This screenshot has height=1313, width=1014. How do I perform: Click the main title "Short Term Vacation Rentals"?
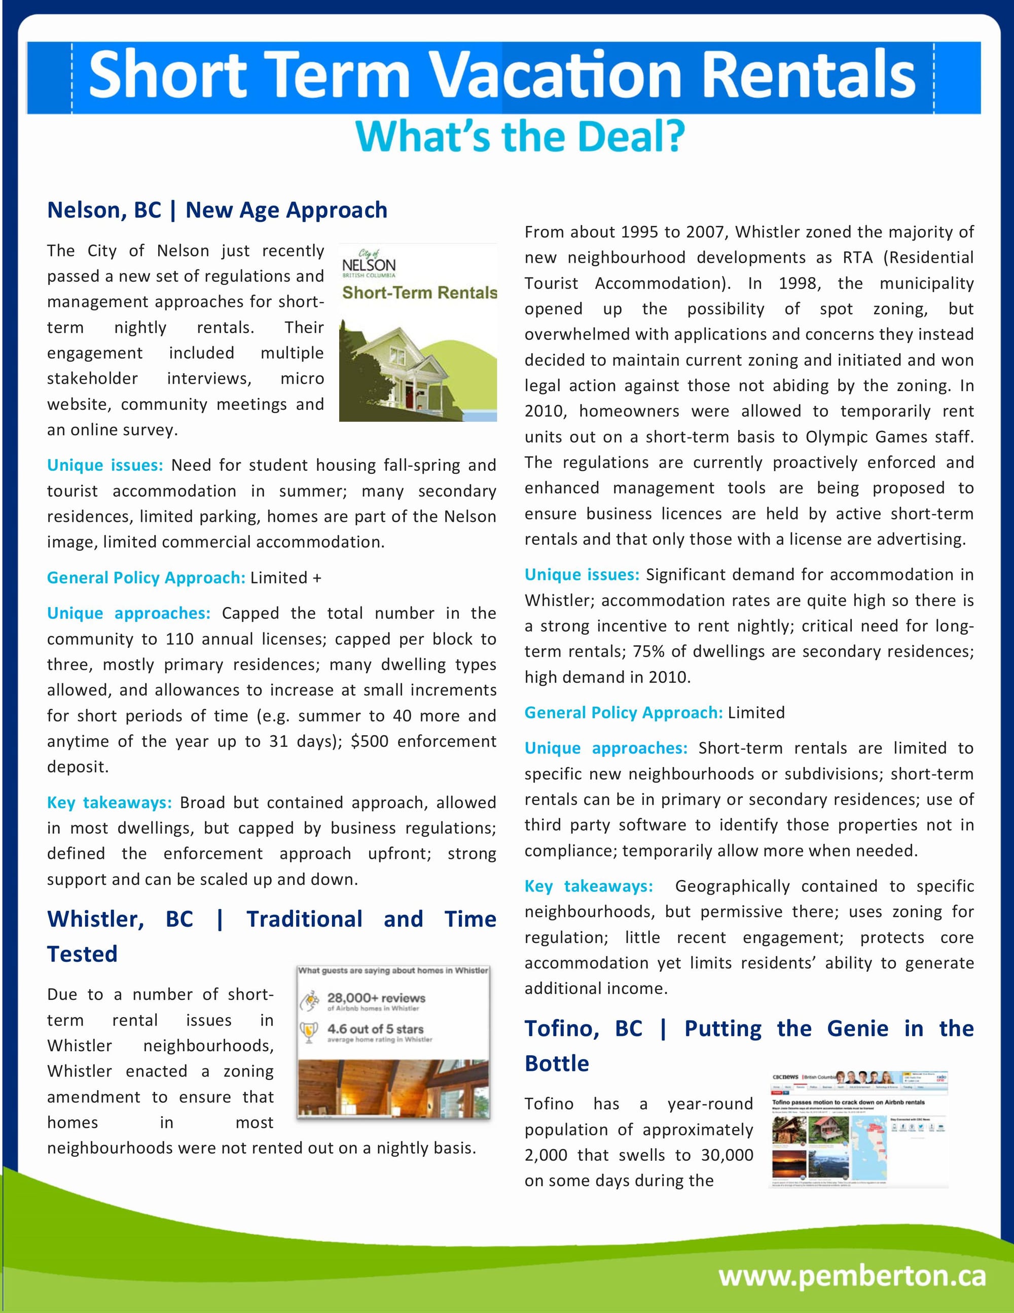(502, 76)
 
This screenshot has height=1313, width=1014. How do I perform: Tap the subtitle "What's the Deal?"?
(520, 136)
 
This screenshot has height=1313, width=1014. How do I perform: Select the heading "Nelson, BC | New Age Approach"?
(217, 211)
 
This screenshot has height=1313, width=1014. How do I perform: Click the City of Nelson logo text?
(369, 263)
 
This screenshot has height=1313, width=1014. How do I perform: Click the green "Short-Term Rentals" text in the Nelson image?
(419, 293)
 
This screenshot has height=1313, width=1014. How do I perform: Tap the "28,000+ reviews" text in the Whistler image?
(376, 998)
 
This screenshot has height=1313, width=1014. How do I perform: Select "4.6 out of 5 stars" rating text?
(376, 1029)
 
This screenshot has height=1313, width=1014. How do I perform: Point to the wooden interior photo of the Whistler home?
(393, 1088)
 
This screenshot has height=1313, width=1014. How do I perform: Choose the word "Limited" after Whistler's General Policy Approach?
(756, 713)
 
